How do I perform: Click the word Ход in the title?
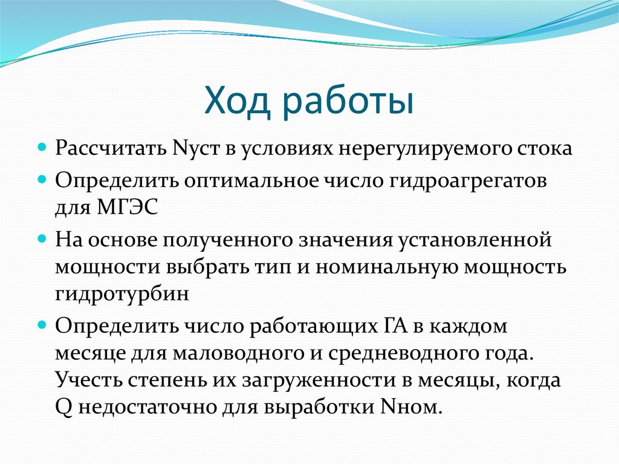pyautogui.click(x=238, y=102)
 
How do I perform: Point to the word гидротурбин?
pyautogui.click(x=123, y=293)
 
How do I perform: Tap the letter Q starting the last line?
pyautogui.click(x=63, y=407)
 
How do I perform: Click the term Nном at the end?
pyautogui.click(x=409, y=407)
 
